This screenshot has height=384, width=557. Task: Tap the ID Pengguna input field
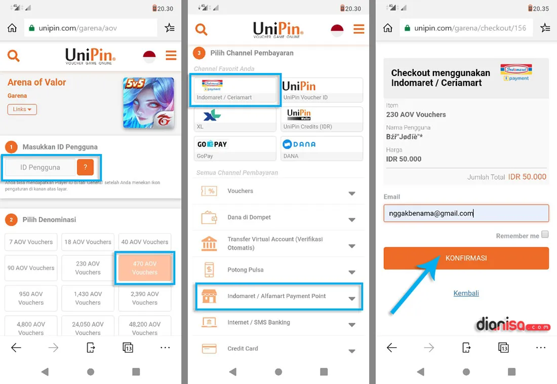coord(40,167)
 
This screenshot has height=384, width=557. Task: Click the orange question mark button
coord(85,167)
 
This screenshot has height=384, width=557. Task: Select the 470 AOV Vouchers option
coord(145,268)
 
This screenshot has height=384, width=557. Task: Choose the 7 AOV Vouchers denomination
coord(31,242)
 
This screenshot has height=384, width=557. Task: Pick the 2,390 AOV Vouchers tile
coord(145,298)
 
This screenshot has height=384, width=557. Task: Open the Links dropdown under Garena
coord(22,109)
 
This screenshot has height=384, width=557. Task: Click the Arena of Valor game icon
coord(148,103)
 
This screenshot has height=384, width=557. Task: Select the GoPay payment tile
coord(235,148)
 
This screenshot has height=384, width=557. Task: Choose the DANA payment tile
coord(322,148)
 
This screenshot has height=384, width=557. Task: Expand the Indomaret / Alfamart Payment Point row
coord(278,296)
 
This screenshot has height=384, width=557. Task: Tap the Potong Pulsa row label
coord(246,270)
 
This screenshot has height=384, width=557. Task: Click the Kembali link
coord(466,293)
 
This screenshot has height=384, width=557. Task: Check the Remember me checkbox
coord(545,234)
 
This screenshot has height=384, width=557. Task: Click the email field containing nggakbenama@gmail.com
coord(466,213)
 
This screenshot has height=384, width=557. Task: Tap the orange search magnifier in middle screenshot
coord(201,29)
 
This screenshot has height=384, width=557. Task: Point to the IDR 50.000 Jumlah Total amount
coord(527,177)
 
